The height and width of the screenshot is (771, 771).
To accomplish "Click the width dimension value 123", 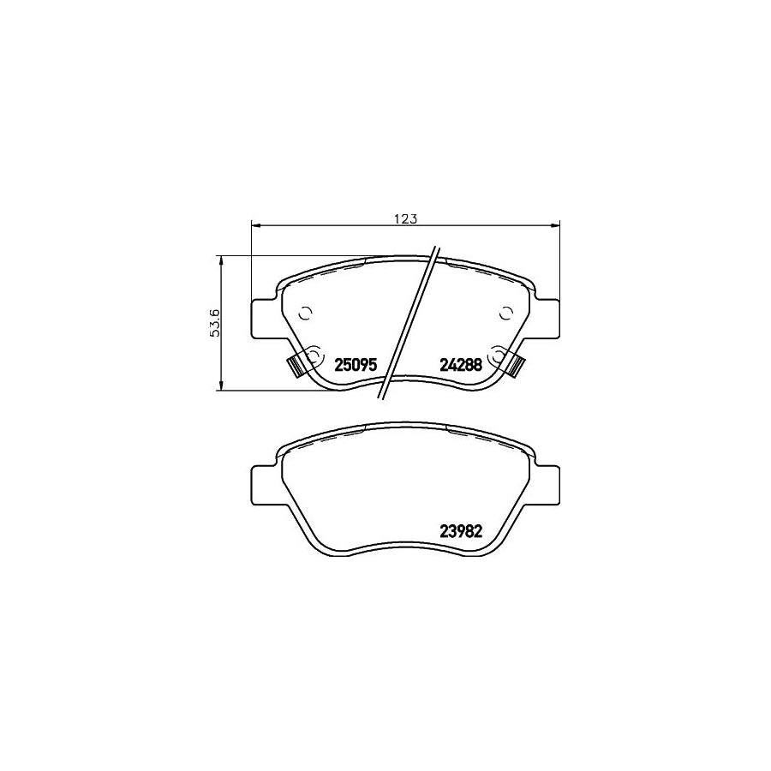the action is point(406,218).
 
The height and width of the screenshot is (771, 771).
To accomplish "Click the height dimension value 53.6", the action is point(215,323).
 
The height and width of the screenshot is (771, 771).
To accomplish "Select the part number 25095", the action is point(356,365).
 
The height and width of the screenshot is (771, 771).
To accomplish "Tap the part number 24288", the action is point(460,365).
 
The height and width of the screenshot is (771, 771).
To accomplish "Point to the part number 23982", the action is point(460,531).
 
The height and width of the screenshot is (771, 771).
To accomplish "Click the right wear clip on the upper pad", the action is point(516,365).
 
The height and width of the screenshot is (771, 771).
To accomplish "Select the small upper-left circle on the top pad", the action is point(306,312).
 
